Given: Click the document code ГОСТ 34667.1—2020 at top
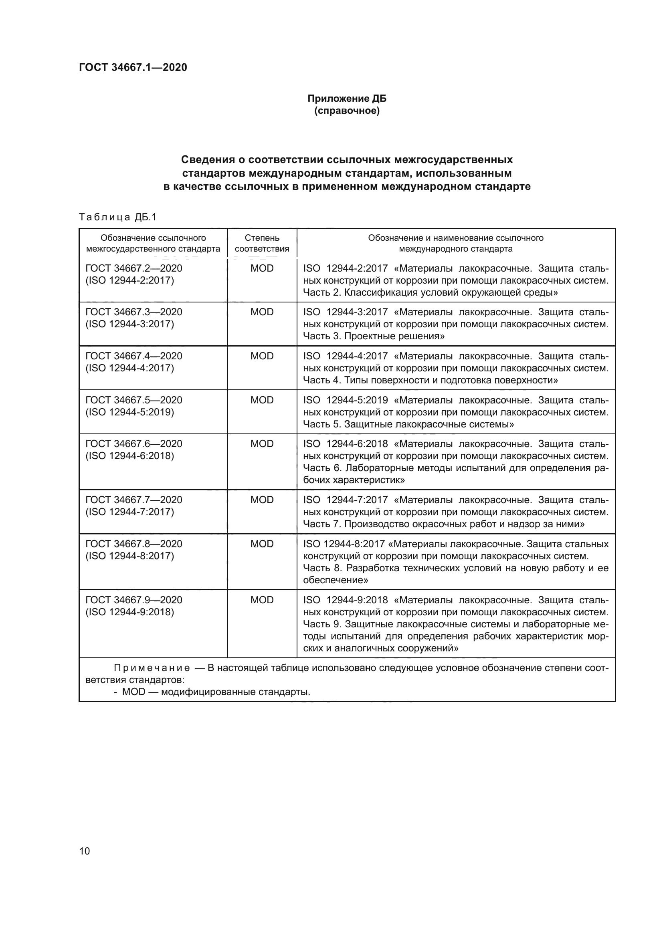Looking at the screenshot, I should tap(133, 67).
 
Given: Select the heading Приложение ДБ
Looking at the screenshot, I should tap(347, 99).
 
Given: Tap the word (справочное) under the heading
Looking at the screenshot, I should tap(347, 111).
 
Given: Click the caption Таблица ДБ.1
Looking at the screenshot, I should tap(117, 217).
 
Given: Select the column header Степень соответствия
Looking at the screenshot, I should tap(262, 243).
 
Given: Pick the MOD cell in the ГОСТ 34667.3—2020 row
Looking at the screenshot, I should tap(262, 312).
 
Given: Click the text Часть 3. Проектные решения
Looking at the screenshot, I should tap(374, 336).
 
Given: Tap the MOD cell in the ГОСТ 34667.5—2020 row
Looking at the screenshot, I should tap(262, 400).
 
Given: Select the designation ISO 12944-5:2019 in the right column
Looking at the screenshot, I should tap(346, 400).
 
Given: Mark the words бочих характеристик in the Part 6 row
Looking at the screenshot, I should tap(354, 480).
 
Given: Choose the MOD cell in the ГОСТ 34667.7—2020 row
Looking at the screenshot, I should tap(262, 500).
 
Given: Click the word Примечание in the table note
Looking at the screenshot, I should tap(152, 668).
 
